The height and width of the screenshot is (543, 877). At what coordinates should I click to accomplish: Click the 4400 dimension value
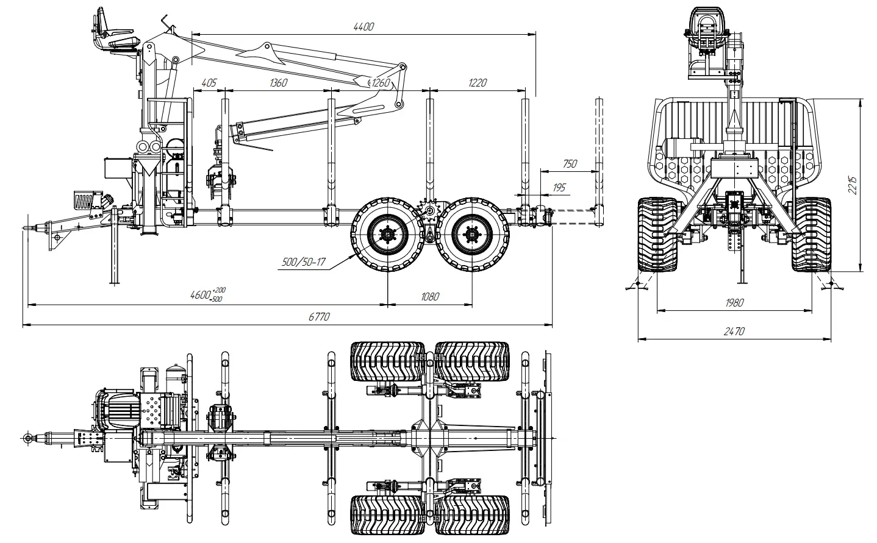click(363, 27)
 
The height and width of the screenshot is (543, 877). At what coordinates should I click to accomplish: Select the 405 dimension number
click(209, 82)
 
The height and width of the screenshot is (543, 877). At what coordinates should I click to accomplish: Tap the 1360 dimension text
click(278, 82)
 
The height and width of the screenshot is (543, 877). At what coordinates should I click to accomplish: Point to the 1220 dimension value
click(478, 82)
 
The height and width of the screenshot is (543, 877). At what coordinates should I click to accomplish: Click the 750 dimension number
click(570, 163)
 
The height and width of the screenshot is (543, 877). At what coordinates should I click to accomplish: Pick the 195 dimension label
click(559, 187)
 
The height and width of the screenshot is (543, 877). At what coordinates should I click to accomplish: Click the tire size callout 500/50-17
click(304, 261)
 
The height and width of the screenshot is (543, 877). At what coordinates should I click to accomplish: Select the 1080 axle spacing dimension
click(430, 297)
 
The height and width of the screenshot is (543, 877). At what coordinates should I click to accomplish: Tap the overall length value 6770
click(319, 316)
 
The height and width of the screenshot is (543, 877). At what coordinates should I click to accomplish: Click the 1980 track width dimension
click(734, 302)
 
